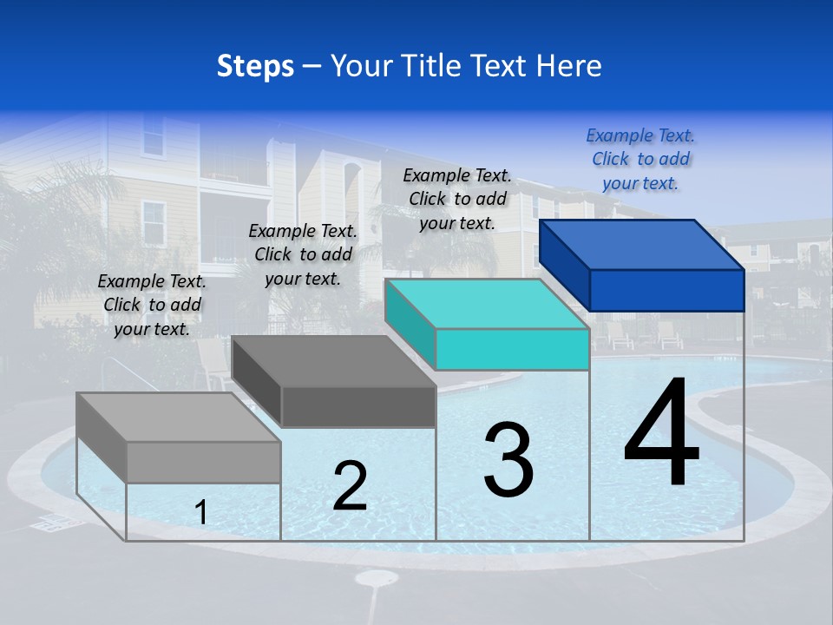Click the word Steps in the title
pos(255,67)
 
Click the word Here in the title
pos(569,66)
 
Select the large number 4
pos(661,434)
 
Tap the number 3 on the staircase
pos(508,460)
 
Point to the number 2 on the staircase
pos(350,486)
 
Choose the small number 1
pos(201,513)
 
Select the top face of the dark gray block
pos(334,361)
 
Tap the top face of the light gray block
pos(179,418)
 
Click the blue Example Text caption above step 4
pos(640,159)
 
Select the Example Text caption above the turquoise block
pos(457,199)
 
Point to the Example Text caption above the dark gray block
pos(303,254)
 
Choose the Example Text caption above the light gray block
pos(152,305)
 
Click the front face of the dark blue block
pos(666,290)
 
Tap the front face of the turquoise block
pos(512,350)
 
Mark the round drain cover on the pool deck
pos(377,578)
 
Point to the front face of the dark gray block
pos(358,406)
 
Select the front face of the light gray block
pos(203,462)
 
